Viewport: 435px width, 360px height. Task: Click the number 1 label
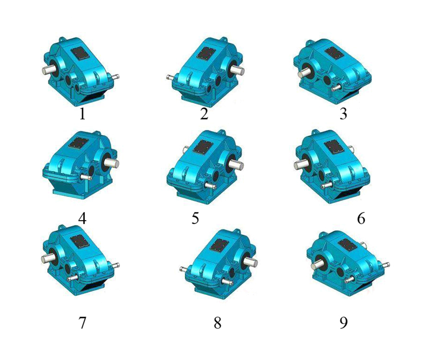click(x=82, y=114)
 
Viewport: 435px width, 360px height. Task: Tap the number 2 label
click(x=204, y=114)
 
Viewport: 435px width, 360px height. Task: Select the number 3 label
click(x=344, y=114)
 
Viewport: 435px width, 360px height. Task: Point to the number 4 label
click(x=83, y=218)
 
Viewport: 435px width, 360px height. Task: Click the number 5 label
click(x=195, y=218)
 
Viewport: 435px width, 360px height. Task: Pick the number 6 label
click(x=361, y=218)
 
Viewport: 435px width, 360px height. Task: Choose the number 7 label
click(x=83, y=322)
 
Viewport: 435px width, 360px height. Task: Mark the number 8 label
click(x=217, y=322)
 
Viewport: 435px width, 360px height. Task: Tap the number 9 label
click(x=344, y=322)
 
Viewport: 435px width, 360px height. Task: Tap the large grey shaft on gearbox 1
click(x=47, y=71)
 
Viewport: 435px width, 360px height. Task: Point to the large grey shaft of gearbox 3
click(x=303, y=73)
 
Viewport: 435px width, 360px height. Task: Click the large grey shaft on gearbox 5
click(x=237, y=165)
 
